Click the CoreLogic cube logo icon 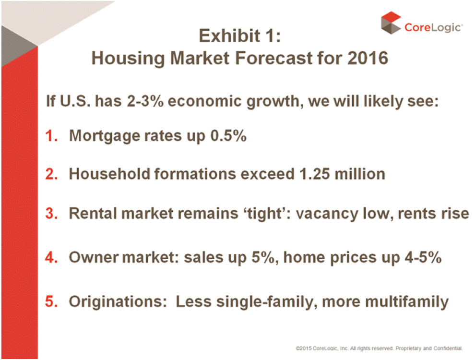point(391,23)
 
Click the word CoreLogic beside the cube point(433,27)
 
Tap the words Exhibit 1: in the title point(239,36)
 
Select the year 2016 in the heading point(368,58)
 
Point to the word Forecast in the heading point(273,58)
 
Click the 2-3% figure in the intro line point(145,101)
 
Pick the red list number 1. point(51,135)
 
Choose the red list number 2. point(51,174)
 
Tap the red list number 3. point(51,213)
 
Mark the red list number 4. point(51,257)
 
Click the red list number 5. point(51,301)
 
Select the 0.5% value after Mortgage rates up point(228,135)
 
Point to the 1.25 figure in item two point(314,174)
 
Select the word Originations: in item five point(118,302)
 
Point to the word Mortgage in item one point(105,136)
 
